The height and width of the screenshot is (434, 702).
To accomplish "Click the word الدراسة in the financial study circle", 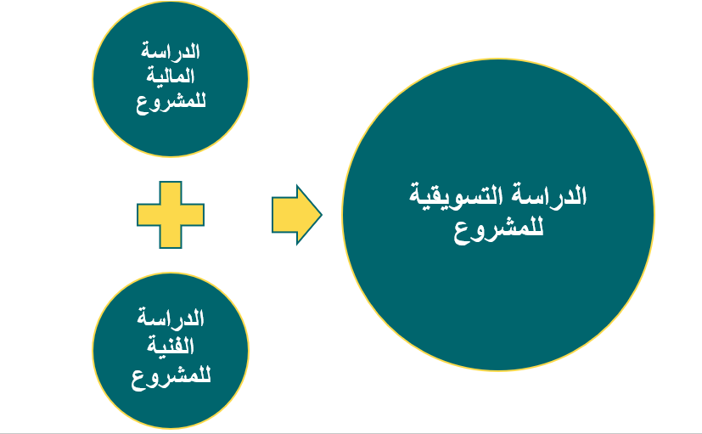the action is [x=171, y=51].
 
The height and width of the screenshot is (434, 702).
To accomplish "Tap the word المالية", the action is [x=171, y=76].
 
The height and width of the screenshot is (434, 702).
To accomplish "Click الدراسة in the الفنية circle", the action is [x=171, y=317].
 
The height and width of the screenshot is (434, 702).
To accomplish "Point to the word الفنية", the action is [x=171, y=346].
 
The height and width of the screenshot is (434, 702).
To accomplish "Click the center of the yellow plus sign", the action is [x=171, y=215].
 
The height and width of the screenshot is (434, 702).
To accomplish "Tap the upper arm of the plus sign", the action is [x=171, y=193].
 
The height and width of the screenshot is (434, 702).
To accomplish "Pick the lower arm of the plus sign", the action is [x=171, y=237].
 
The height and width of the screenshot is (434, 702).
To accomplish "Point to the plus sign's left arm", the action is [x=149, y=215].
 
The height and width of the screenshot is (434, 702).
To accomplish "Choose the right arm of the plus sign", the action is [x=193, y=215].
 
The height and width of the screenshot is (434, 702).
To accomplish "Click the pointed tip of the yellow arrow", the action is [x=322, y=215].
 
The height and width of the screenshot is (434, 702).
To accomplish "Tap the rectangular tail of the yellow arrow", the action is [x=284, y=215].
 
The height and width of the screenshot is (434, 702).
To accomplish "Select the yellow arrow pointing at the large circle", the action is [x=297, y=215].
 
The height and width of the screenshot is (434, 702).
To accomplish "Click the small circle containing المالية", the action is [x=171, y=134].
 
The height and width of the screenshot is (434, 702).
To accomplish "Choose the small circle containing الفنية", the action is [x=171, y=412].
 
